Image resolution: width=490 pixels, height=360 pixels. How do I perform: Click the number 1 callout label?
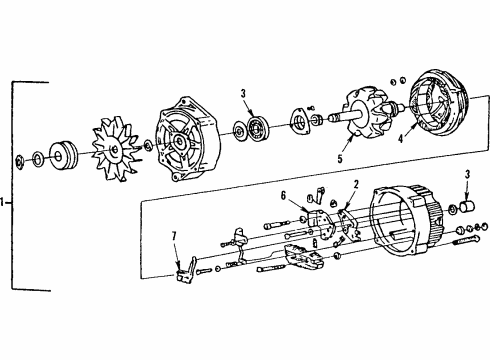tap(4, 202)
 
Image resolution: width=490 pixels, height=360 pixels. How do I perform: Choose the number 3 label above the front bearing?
tap(242, 94)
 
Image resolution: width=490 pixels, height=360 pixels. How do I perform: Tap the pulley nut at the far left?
tap(23, 160)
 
